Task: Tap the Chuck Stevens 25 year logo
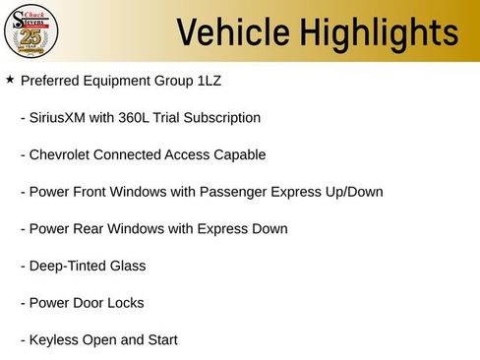(31, 31)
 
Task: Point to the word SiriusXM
(60, 118)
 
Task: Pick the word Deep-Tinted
(67, 267)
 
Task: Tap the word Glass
(127, 267)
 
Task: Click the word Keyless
(54, 340)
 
